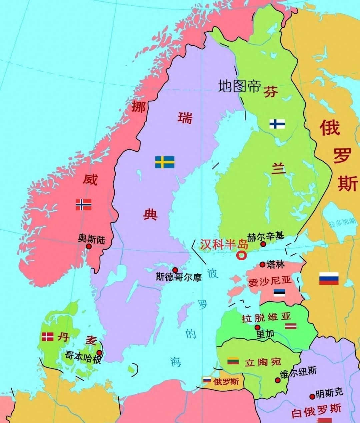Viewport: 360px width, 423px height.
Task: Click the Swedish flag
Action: (165, 162)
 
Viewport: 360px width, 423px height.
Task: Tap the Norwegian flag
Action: (83, 205)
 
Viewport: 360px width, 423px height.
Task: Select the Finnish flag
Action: (277, 124)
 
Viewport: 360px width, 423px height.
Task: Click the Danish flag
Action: (48, 337)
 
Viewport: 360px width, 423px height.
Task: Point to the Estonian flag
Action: (279, 293)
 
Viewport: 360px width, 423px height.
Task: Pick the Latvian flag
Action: (290, 326)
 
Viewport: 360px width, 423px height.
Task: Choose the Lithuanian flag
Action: (233, 361)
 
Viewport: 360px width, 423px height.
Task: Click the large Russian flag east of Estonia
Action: (329, 278)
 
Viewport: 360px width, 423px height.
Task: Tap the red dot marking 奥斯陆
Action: (89, 246)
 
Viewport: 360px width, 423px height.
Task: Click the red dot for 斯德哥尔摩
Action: (175, 270)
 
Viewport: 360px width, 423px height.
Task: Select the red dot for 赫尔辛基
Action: (263, 244)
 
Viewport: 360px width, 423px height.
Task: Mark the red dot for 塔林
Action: (262, 264)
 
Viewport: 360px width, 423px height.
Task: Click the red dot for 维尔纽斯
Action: (277, 380)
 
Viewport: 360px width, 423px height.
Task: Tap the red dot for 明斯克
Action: (312, 396)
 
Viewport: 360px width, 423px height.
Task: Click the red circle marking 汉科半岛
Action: (241, 256)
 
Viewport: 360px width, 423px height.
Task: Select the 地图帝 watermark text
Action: (239, 86)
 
